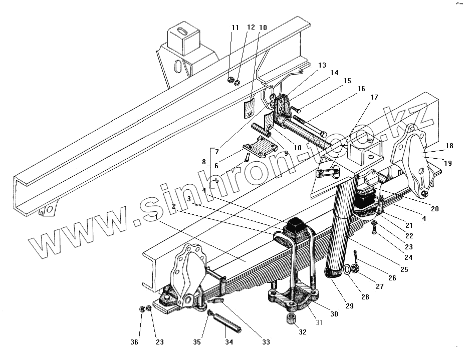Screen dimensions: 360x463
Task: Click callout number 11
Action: (235, 28)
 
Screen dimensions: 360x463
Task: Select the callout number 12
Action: (251, 28)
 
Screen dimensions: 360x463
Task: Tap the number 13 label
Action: (321, 66)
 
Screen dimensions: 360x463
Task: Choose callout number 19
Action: (448, 163)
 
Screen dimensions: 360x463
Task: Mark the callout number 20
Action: (434, 209)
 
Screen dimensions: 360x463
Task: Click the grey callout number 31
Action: (319, 323)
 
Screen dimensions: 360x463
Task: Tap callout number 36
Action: (134, 342)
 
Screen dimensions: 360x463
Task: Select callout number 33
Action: (266, 342)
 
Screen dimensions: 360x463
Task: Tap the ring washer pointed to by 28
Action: (346, 271)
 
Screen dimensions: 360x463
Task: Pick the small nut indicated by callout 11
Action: (230, 80)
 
